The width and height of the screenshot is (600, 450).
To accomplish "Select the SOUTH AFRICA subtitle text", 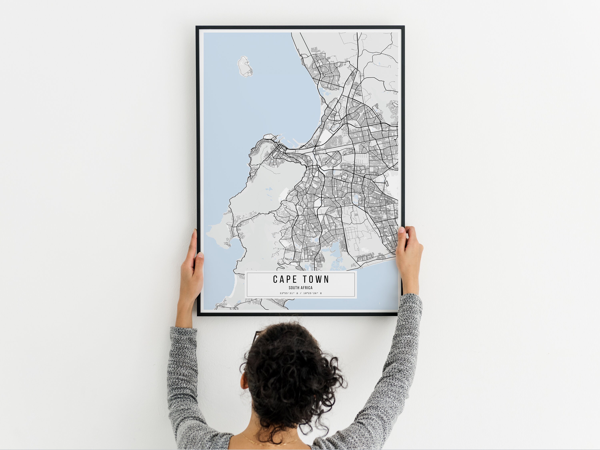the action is click(x=301, y=288).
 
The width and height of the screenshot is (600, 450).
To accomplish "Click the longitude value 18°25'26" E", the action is click(x=312, y=293).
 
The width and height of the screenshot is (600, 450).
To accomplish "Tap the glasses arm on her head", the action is click(x=256, y=336).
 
